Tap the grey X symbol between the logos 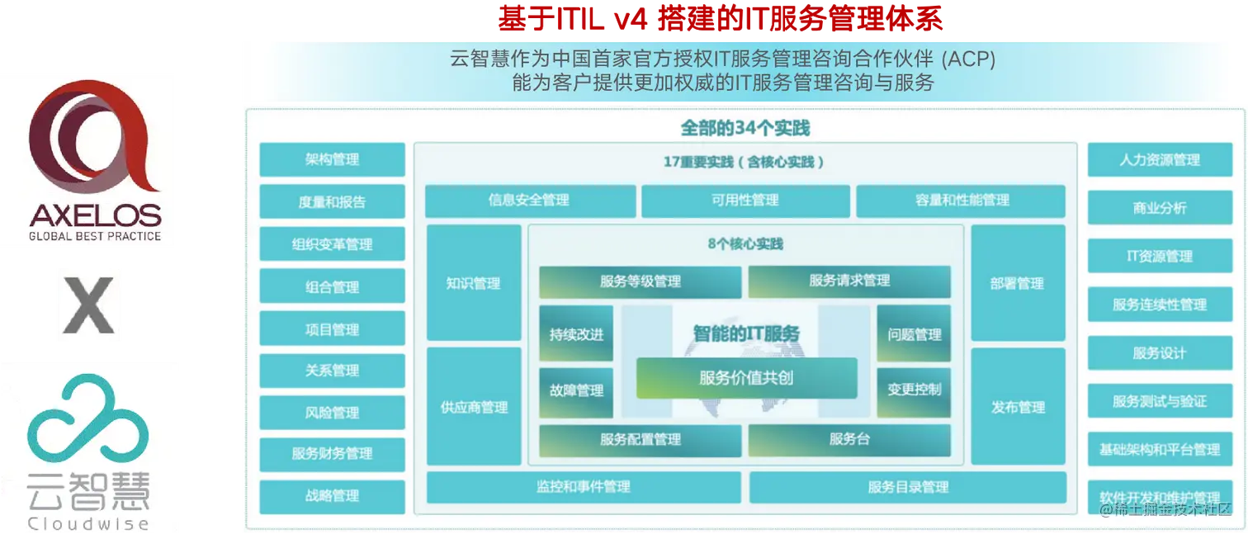coord(89,303)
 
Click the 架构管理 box coord(332,159)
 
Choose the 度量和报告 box coord(332,201)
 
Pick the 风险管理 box coord(332,413)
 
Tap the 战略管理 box coord(332,496)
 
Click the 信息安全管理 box coord(529,201)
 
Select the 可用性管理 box coord(745,201)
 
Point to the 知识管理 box coord(473,283)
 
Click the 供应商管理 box coord(473,407)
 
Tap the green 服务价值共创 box coord(746,378)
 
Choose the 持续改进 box coord(576,334)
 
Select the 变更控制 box coord(914,390)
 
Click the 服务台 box coord(849,439)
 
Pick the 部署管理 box coord(1017,283)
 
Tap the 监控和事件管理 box coord(583,487)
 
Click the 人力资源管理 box coord(1159,160)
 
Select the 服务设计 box coord(1159,353)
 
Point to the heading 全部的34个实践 coord(745,129)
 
